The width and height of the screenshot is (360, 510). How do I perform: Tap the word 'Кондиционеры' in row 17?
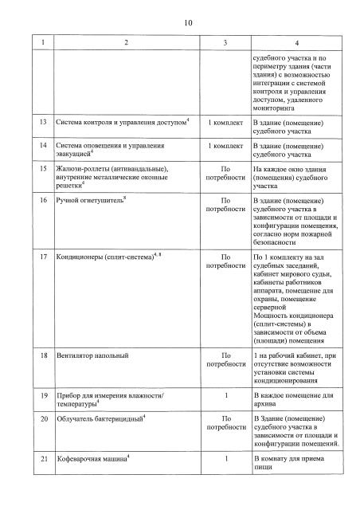pyautogui.click(x=83, y=258)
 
